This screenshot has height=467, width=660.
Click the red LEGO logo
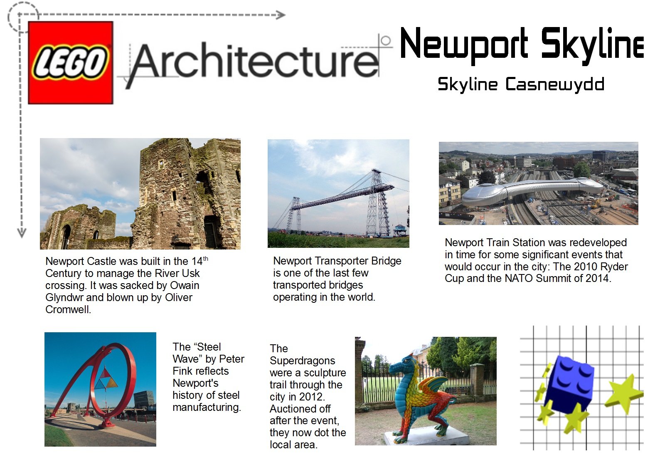pyautogui.click(x=70, y=62)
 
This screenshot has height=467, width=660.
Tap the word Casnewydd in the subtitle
pyautogui.click(x=555, y=84)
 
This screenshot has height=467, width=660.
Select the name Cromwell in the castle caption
pyautogui.click(x=68, y=309)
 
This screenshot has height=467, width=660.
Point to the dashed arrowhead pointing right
pyautogui.click(x=280, y=15)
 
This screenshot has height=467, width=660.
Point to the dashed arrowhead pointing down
pyautogui.click(x=22, y=233)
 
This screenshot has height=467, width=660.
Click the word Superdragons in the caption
pyautogui.click(x=302, y=361)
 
